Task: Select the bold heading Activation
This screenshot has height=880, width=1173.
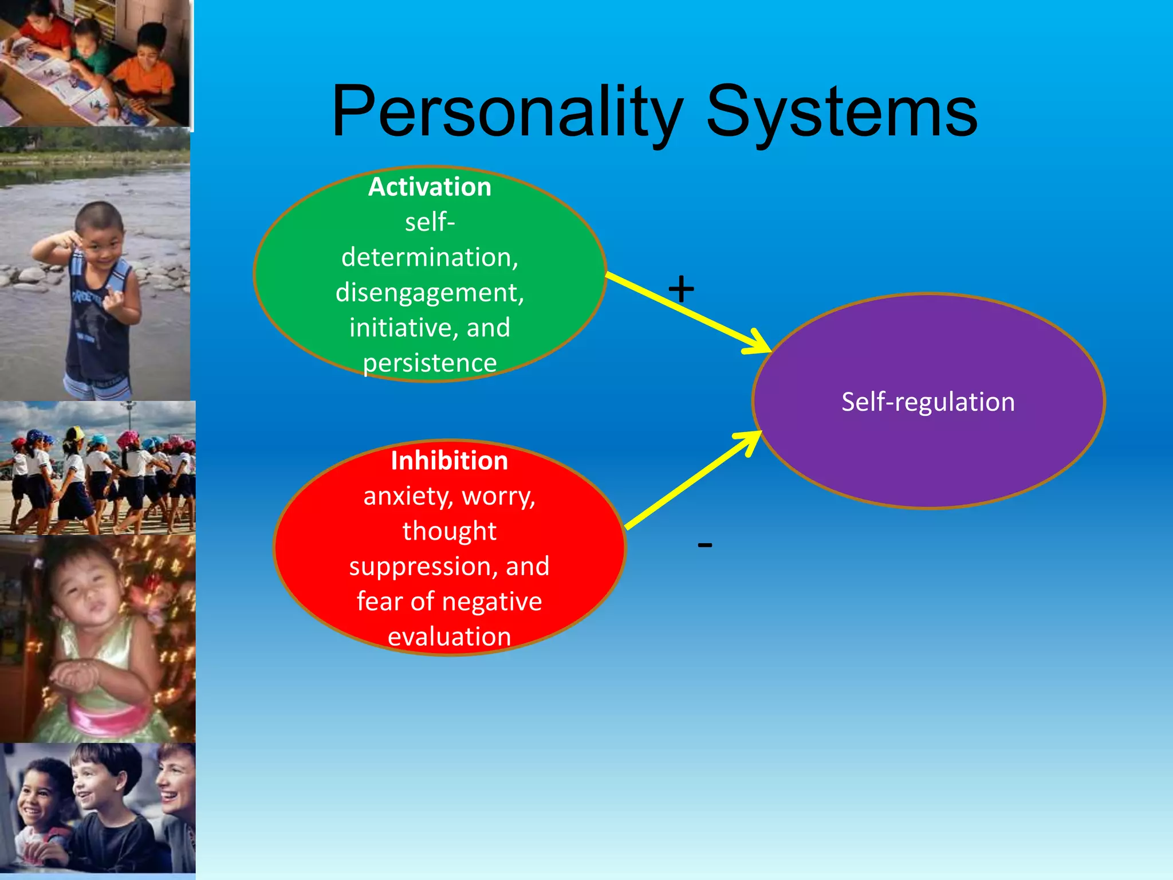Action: point(430,187)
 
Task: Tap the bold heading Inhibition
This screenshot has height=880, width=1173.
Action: point(449,461)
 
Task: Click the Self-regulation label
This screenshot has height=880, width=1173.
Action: point(928,402)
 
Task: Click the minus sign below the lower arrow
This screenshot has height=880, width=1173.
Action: point(705,545)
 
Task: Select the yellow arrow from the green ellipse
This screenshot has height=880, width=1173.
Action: point(687,312)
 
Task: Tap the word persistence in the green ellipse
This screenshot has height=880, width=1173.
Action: point(430,363)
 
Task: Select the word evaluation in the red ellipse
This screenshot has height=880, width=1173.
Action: point(449,637)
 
